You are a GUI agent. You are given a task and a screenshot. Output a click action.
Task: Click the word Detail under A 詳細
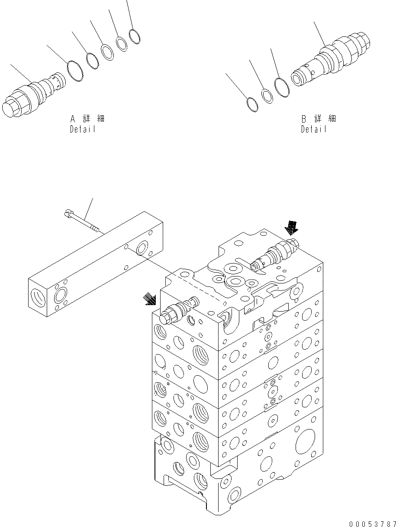(x=82, y=129)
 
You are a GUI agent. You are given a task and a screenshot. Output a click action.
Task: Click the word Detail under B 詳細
(x=314, y=129)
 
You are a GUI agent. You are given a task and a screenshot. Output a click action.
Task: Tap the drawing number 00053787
(x=372, y=523)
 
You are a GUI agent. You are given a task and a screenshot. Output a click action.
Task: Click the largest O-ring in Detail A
(x=75, y=71)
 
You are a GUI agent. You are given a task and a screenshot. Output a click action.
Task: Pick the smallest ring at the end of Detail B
(x=251, y=104)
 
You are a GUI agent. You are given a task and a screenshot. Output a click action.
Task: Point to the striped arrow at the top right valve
(x=291, y=227)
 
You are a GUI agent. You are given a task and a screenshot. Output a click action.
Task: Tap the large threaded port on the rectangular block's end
(x=39, y=299)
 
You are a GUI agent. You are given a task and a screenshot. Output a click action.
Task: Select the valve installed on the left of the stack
(x=178, y=309)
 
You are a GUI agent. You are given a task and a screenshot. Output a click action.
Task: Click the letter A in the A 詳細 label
(x=73, y=118)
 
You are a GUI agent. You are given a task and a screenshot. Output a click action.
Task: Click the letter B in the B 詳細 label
(x=304, y=118)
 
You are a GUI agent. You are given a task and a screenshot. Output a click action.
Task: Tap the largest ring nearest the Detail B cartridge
(x=282, y=87)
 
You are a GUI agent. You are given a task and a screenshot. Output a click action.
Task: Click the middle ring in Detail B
(x=267, y=95)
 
